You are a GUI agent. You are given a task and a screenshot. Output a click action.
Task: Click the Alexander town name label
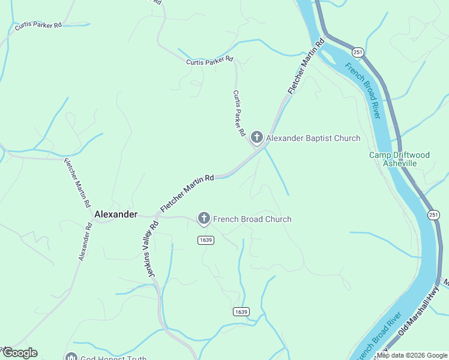116,214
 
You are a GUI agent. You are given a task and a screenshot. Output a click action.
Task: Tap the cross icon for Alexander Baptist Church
257,139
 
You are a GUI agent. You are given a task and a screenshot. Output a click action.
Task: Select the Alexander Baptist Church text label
313,139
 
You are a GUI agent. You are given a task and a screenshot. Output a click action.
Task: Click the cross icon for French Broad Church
204,219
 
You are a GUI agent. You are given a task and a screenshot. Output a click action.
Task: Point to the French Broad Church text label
252,219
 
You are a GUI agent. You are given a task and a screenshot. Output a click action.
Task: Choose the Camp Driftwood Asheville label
399,159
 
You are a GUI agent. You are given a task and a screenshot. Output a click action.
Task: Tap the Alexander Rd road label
85,242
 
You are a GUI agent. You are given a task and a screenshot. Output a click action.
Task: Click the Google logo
19,353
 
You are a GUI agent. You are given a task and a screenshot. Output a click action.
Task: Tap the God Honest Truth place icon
71,358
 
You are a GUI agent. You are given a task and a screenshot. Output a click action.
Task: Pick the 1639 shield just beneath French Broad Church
205,240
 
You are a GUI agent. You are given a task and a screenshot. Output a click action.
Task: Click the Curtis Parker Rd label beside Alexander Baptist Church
239,112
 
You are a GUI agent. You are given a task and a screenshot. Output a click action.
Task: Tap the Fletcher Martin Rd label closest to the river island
306,66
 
